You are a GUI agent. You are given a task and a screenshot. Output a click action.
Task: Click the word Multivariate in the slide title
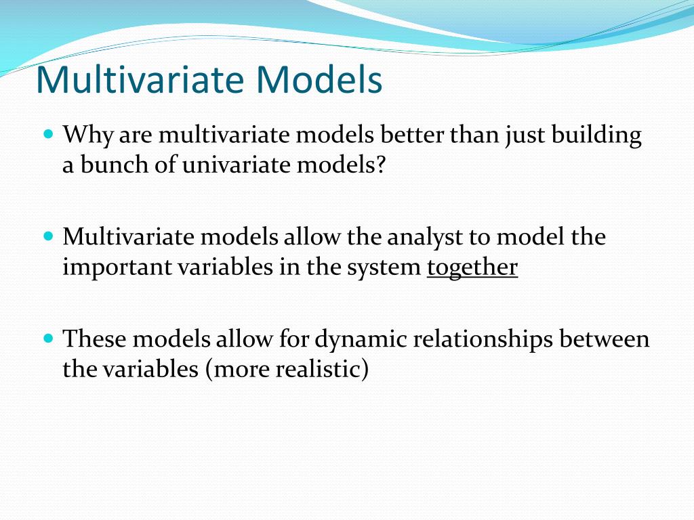[x=140, y=80]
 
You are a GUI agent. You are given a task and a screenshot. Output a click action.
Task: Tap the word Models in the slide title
[x=319, y=80]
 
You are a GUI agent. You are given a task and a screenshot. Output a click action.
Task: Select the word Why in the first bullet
[x=87, y=135]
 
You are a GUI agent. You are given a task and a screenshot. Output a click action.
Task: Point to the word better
[x=411, y=135]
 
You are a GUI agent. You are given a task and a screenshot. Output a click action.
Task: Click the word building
[x=596, y=135]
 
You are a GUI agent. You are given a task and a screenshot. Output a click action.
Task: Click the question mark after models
[x=381, y=165]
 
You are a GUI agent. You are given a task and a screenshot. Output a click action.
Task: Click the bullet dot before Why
[x=49, y=133]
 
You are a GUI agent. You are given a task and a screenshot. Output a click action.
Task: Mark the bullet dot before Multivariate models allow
[x=49, y=236]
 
